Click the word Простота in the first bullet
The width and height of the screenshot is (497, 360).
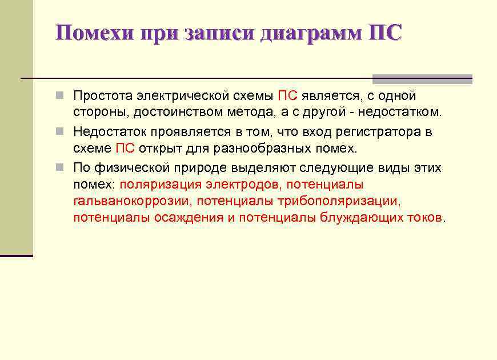point(102,95)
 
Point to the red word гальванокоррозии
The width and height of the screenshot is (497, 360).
point(133,201)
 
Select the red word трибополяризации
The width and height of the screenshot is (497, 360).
point(338,201)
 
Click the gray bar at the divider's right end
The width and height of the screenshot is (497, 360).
point(422,79)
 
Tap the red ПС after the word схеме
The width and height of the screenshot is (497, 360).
point(125,149)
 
